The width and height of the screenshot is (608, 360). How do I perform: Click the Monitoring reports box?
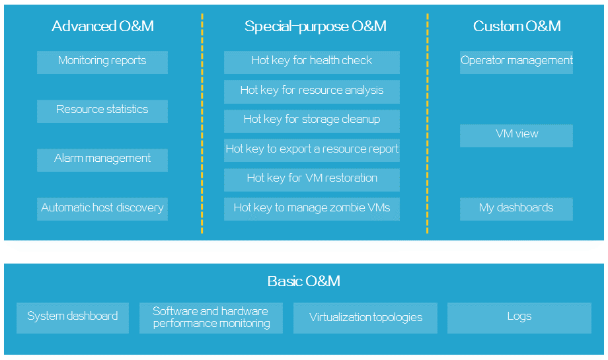click(x=102, y=62)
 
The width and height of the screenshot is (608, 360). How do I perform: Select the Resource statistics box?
click(x=102, y=111)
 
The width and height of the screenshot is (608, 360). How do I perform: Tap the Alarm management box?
click(x=102, y=160)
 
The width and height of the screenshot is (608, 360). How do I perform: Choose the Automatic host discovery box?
click(x=102, y=209)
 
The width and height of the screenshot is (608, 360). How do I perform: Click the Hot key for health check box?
click(x=312, y=62)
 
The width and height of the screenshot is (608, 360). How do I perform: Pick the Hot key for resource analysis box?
click(x=312, y=92)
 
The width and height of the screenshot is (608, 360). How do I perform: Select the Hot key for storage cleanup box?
click(x=312, y=122)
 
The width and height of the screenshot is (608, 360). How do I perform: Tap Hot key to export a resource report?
click(x=312, y=151)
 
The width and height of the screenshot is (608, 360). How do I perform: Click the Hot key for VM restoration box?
click(x=312, y=180)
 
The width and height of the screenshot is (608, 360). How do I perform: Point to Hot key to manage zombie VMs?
click(x=312, y=209)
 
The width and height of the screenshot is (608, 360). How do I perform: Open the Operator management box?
click(x=517, y=62)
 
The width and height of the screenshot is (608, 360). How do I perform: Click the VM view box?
click(x=517, y=135)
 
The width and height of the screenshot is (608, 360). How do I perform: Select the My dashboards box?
click(x=517, y=209)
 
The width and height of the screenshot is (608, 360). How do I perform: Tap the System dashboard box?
click(x=73, y=318)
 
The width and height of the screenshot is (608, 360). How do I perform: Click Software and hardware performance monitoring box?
click(x=211, y=318)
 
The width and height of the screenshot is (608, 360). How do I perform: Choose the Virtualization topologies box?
click(x=365, y=318)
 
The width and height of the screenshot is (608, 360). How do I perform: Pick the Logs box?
click(x=519, y=318)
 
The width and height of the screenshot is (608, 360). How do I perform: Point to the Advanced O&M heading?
click(x=102, y=26)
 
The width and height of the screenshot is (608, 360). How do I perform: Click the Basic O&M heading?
click(x=304, y=281)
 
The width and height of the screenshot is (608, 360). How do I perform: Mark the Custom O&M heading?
click(x=517, y=26)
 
